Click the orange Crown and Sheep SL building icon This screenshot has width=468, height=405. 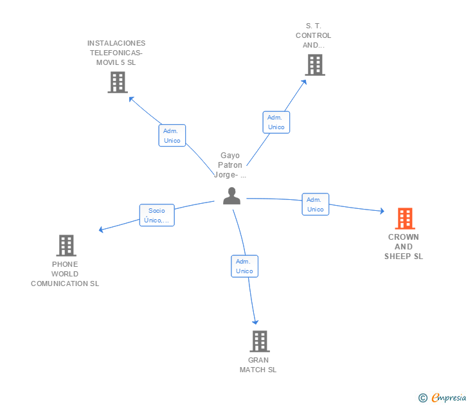[404, 219]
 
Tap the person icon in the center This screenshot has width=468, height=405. [231, 196]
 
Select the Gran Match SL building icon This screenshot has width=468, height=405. [259, 341]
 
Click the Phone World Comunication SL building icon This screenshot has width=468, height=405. [66, 246]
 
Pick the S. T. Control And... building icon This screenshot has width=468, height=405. [314, 65]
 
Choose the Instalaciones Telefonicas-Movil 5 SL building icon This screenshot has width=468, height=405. [117, 82]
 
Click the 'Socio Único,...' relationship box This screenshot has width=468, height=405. [157, 215]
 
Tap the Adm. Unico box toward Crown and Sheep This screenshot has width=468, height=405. [315, 204]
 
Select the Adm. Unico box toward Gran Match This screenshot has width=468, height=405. [244, 266]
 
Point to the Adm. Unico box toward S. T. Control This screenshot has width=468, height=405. [276, 122]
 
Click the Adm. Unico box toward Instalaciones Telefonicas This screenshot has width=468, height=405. [172, 136]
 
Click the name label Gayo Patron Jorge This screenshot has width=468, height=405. [230, 165]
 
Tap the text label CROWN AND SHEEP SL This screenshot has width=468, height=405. [404, 247]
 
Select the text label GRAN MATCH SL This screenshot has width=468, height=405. [258, 364]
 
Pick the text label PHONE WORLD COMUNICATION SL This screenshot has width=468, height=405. [65, 274]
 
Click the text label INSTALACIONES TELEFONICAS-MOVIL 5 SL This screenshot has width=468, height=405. [116, 53]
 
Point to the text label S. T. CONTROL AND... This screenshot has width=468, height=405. [313, 35]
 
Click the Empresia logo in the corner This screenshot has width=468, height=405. [442, 397]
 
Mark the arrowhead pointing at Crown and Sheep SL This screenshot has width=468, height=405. [382, 211]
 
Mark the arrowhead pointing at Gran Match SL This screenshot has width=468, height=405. [255, 321]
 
